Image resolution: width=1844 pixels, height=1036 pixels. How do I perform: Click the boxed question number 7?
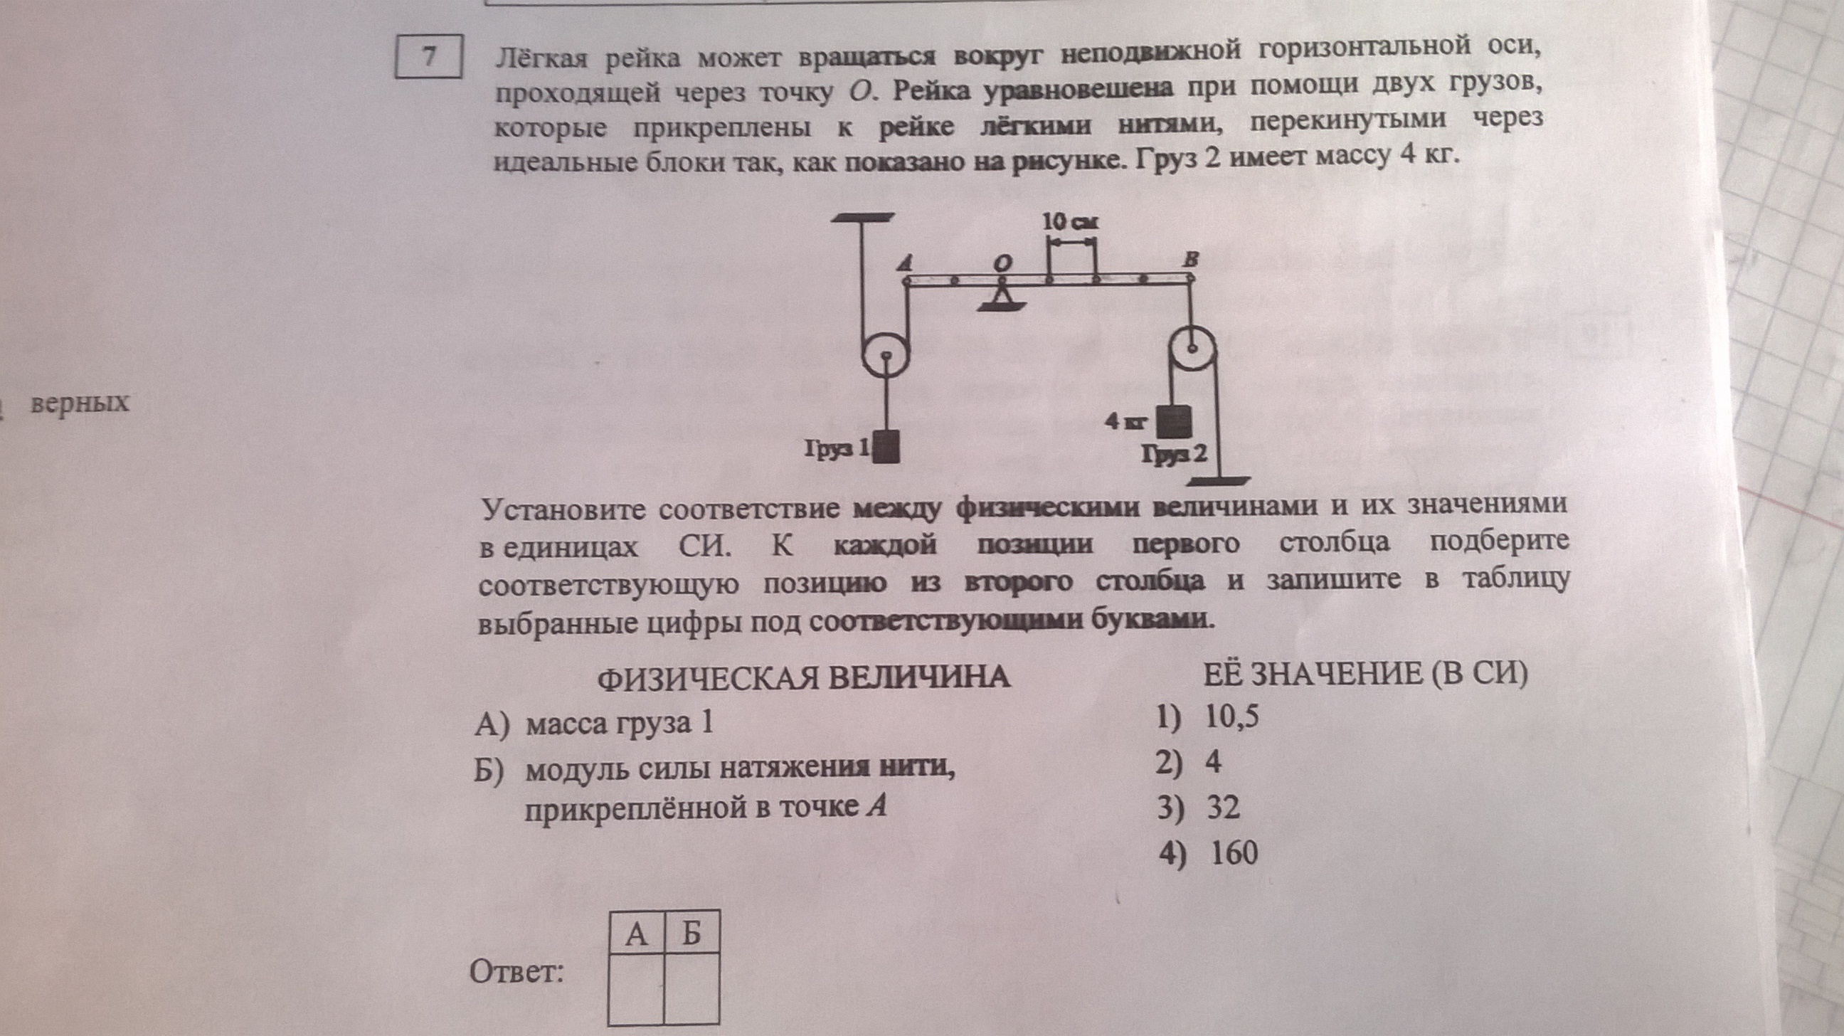[429, 56]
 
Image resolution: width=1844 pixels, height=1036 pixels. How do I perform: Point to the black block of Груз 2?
[1174, 423]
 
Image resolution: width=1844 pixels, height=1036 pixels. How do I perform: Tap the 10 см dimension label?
[1070, 222]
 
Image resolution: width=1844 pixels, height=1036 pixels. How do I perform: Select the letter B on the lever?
[1189, 260]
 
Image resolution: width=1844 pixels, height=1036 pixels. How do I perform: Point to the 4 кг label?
[1125, 423]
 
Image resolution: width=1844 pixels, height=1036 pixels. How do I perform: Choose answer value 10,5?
[1231, 717]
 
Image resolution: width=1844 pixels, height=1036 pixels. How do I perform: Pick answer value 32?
[1223, 808]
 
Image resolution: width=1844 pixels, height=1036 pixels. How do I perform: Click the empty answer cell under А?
[636, 989]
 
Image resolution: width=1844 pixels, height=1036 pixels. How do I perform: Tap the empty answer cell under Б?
[691, 989]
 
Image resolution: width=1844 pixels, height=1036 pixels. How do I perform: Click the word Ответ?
[516, 972]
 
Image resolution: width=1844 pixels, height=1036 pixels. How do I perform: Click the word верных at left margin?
[80, 403]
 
